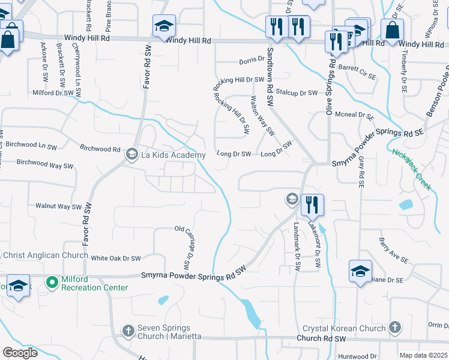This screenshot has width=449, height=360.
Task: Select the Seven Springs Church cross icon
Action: [128, 331]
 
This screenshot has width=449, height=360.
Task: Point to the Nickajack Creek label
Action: [412, 170]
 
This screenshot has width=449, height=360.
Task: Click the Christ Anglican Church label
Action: [40, 255]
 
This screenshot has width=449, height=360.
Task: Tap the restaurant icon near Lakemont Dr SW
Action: [312, 205]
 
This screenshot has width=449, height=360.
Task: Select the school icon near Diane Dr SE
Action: [360, 271]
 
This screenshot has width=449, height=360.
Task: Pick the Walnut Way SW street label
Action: [58, 206]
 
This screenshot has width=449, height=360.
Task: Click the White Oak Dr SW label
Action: [115, 258]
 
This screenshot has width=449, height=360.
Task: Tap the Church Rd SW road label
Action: [322, 339]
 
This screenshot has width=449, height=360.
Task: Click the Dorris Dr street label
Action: [252, 59]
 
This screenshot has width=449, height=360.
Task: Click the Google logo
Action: [19, 353]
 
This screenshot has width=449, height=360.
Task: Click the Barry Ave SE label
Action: [393, 251]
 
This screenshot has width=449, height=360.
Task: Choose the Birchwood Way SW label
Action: [45, 164]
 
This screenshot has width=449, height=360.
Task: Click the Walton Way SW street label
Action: [262, 115]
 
